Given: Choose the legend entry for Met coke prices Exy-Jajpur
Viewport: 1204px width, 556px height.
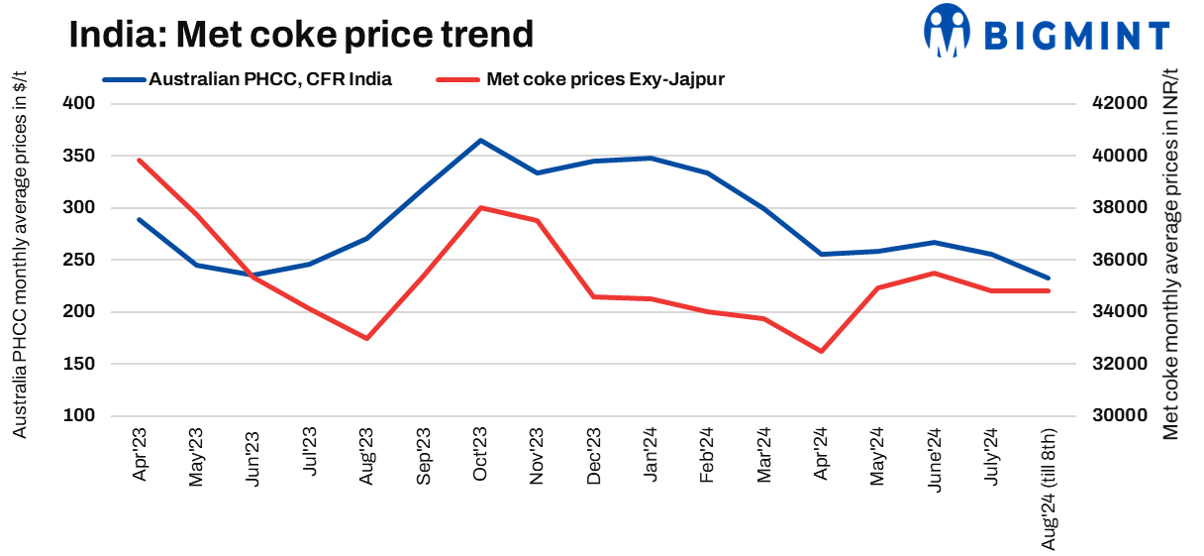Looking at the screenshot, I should click(605, 80).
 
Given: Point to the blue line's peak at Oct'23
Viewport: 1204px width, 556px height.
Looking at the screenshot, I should click(480, 141).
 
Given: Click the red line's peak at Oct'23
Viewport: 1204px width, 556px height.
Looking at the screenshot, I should click(480, 208).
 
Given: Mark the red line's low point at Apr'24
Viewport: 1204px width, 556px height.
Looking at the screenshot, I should click(821, 351).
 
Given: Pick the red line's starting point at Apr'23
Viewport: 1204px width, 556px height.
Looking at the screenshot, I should click(140, 160).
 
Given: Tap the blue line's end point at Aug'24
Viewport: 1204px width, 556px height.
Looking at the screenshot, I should click(1049, 278).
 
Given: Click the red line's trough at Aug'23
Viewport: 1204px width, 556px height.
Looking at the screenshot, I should click(367, 338).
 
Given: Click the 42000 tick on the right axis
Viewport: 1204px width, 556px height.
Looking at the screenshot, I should click(1118, 104).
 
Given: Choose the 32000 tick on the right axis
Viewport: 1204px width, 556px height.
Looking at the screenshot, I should click(1118, 364).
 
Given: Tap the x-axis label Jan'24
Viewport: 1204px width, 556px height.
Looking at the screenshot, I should click(652, 457).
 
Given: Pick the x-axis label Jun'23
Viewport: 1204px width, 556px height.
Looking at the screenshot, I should click(253, 457).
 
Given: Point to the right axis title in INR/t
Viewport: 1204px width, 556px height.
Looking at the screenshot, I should click(1172, 260).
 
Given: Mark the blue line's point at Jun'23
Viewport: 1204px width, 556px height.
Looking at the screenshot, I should click(253, 276).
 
